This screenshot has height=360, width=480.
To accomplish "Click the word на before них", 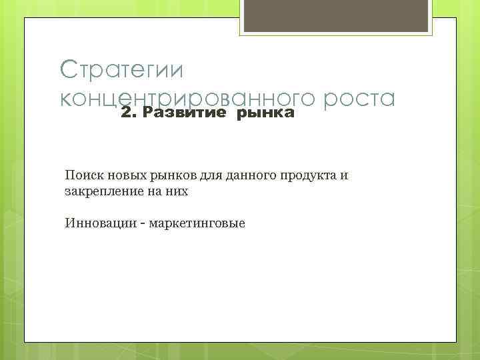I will (x=156, y=192).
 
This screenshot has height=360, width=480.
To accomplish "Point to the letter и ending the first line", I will (x=344, y=176).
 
